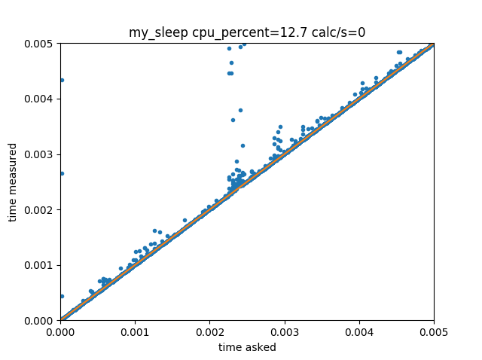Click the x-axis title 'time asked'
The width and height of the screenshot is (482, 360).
coord(247,347)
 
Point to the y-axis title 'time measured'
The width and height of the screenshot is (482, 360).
coord(12,182)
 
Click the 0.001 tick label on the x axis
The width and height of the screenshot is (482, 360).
coord(135,331)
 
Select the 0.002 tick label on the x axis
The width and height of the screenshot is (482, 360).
coord(209,331)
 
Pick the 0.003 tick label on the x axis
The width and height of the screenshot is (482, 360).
coord(284,331)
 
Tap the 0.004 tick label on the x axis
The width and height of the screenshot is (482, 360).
coord(358,331)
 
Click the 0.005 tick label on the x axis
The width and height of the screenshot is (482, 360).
coord(433,331)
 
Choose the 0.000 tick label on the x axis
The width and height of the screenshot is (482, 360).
coord(60,331)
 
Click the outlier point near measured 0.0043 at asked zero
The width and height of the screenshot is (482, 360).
coord(61,80)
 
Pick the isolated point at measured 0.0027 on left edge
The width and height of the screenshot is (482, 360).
coord(61,173)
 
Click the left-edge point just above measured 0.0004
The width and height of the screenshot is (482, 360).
coord(61,296)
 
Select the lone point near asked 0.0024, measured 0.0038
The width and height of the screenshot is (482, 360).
coord(240,110)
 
